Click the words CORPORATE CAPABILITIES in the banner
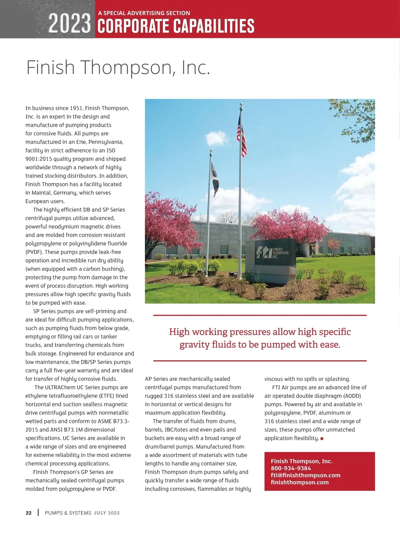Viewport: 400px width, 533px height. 176,26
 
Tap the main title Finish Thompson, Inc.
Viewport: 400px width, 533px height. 118,67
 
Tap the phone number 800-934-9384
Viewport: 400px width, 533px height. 291,468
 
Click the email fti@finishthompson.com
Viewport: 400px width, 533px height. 305,475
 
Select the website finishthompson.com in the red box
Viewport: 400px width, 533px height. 299,482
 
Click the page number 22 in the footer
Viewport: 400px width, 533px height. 29,513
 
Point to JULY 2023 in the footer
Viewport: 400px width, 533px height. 107,513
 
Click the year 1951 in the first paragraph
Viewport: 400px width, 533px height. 76,108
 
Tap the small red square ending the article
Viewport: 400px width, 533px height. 322,439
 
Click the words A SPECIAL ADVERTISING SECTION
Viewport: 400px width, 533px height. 144,13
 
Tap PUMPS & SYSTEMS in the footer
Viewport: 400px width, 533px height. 68,513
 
